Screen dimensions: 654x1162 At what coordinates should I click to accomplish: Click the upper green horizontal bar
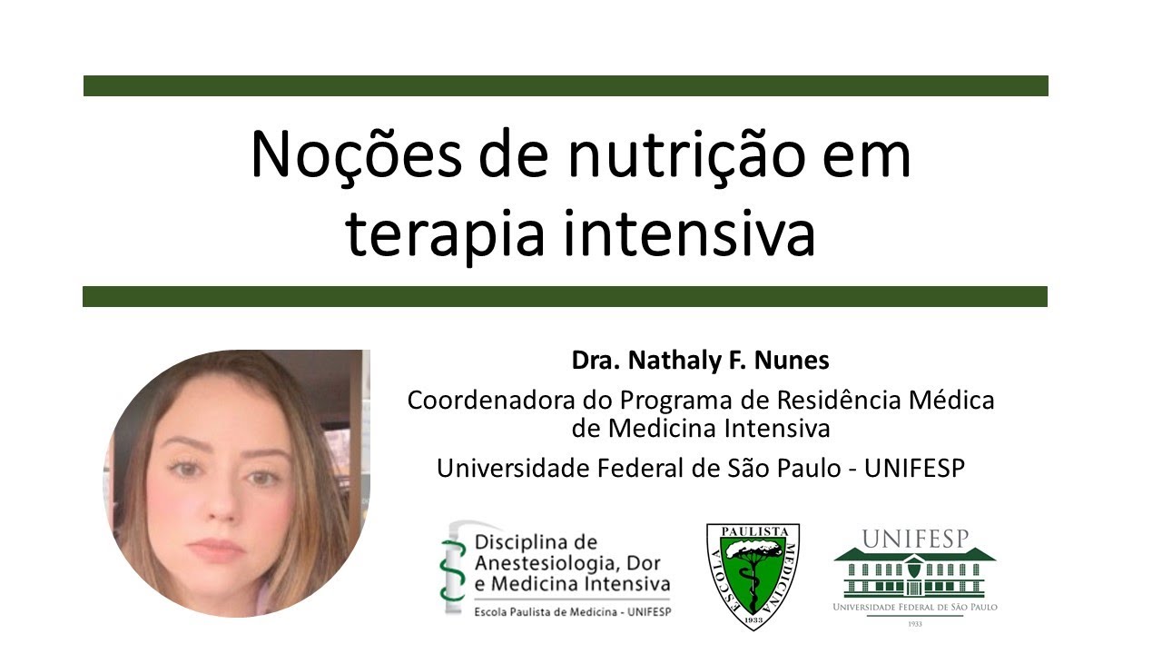(x=566, y=85)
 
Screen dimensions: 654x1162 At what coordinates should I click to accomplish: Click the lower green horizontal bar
(x=565, y=296)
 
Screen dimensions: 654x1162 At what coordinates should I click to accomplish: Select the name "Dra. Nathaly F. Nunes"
(x=700, y=361)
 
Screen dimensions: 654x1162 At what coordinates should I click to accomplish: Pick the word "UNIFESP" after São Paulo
(x=914, y=468)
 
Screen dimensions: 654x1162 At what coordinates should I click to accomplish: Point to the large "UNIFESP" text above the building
(x=914, y=539)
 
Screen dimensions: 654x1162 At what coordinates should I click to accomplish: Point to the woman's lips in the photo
(x=217, y=549)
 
